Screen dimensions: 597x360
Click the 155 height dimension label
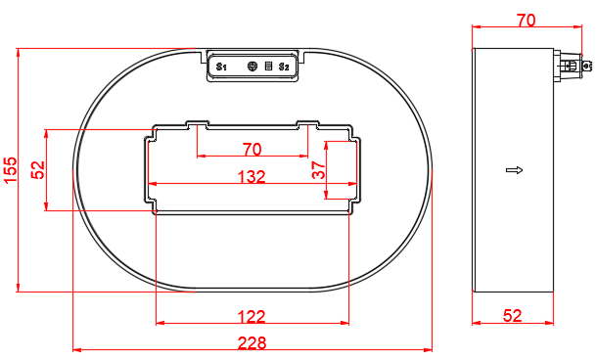[x=11, y=169]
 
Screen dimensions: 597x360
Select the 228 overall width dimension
[x=252, y=342]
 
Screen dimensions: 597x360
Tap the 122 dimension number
[x=252, y=317]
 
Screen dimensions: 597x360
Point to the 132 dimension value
[x=252, y=177]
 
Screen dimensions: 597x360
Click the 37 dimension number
[x=319, y=170]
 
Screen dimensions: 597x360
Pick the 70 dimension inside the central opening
[x=253, y=150]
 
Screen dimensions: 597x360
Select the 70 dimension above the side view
[x=526, y=21]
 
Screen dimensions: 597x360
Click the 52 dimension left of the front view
[x=38, y=170]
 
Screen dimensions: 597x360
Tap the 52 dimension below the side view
[x=513, y=316]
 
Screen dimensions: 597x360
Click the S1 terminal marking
[x=221, y=67]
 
